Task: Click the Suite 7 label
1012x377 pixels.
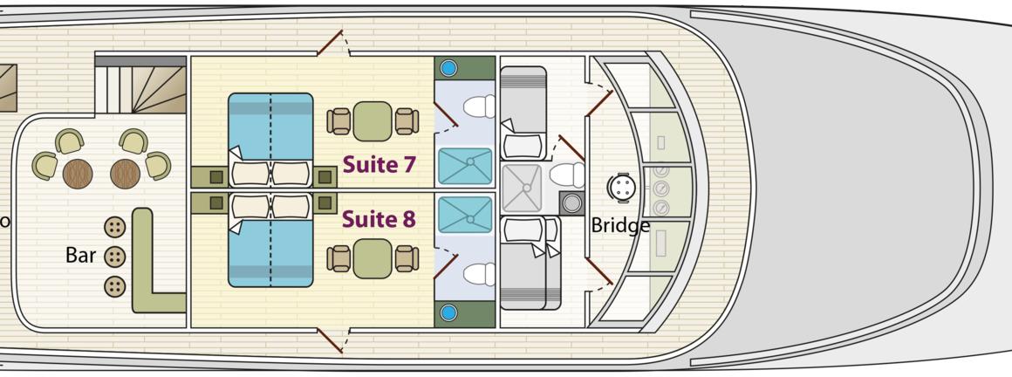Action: (x=378, y=164)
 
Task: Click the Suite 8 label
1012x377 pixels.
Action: (x=378, y=218)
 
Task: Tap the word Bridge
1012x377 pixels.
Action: (x=620, y=225)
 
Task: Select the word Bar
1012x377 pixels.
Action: (x=80, y=256)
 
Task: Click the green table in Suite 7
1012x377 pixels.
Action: (x=373, y=121)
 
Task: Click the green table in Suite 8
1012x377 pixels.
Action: (x=373, y=258)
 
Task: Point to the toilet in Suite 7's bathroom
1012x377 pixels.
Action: (x=479, y=107)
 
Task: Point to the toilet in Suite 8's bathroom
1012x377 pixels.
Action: (x=479, y=274)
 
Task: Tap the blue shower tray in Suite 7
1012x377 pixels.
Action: (x=464, y=166)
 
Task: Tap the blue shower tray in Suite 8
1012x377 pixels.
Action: (x=464, y=215)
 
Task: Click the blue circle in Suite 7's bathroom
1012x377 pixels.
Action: (x=448, y=68)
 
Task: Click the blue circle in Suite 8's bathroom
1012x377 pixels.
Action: (x=448, y=312)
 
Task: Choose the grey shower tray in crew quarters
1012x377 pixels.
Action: (x=521, y=188)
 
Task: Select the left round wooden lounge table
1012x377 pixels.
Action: (x=78, y=173)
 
